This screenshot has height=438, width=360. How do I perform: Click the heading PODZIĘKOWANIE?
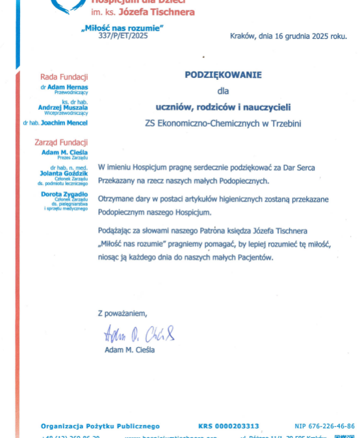pos(223,75)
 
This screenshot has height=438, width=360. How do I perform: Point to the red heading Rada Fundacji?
pos(64,77)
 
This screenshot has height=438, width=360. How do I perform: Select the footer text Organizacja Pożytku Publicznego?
pos(100,426)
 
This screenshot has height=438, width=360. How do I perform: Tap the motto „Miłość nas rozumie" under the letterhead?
pos(122,28)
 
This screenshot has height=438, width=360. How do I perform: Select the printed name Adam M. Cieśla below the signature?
pos(130,350)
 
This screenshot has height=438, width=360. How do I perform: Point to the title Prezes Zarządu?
pos(73,158)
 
